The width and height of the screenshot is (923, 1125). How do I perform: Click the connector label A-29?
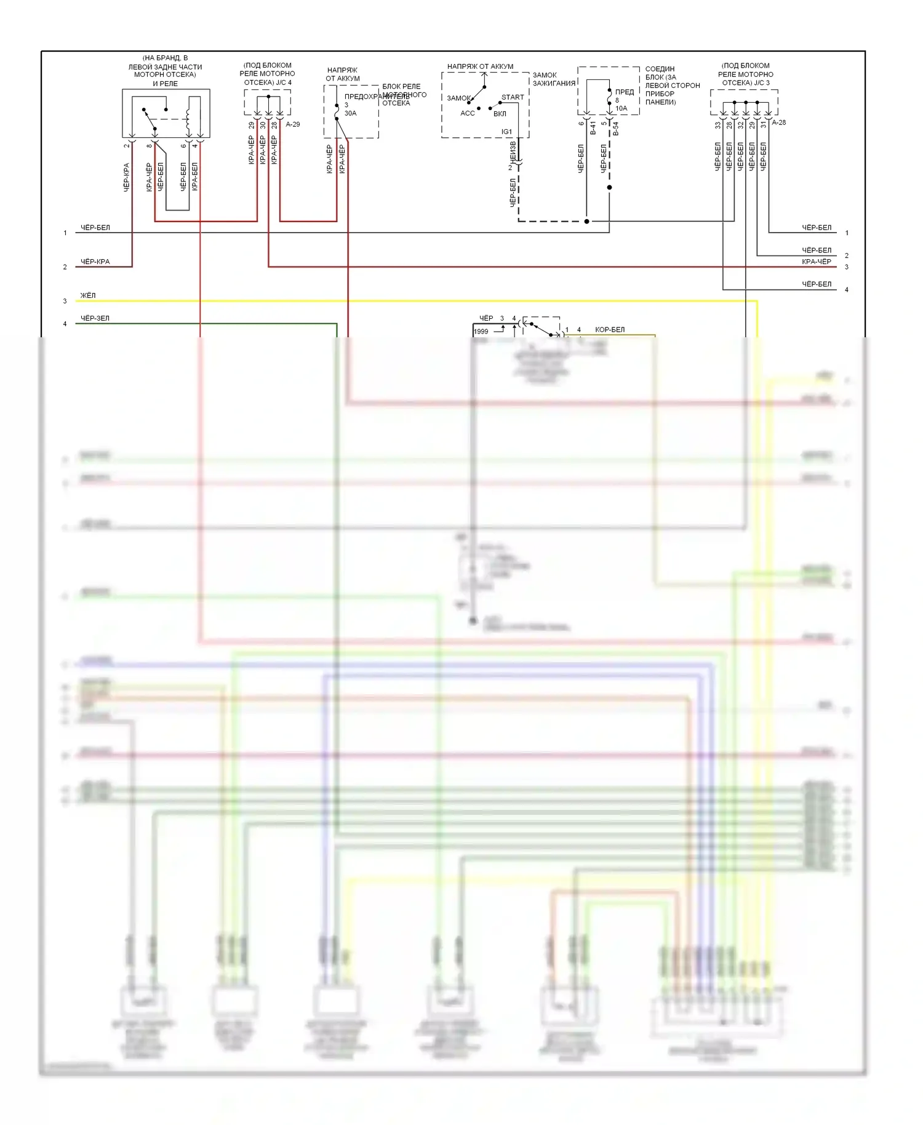click(x=293, y=124)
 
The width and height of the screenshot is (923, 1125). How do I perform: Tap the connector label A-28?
click(x=779, y=122)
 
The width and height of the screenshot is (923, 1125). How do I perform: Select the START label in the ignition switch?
click(x=513, y=97)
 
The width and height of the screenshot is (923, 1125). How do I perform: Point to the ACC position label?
click(x=468, y=113)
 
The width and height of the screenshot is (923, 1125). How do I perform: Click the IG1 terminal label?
click(x=506, y=132)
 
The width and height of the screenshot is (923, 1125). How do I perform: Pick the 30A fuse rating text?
click(x=350, y=113)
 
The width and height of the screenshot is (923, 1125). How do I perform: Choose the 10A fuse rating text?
click(x=621, y=108)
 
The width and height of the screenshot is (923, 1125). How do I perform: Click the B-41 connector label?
click(x=593, y=128)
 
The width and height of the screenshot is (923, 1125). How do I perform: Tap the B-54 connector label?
click(x=615, y=128)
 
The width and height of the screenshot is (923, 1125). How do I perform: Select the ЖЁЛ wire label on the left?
click(x=88, y=295)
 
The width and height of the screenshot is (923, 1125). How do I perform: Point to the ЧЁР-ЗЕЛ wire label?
click(x=95, y=318)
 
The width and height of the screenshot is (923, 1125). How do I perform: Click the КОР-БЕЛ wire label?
click(x=609, y=330)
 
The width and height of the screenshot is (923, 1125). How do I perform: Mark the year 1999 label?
click(x=481, y=332)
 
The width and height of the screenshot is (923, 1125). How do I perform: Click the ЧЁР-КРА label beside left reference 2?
click(x=95, y=262)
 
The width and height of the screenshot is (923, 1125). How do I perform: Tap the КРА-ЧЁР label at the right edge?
click(x=817, y=262)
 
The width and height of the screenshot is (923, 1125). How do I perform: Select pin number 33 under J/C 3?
click(x=717, y=125)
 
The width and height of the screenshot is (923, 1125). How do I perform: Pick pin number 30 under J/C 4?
click(x=263, y=125)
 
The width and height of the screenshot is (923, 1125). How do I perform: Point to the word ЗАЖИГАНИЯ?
click(x=554, y=83)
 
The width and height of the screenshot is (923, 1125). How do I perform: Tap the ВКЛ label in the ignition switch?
click(x=500, y=114)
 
